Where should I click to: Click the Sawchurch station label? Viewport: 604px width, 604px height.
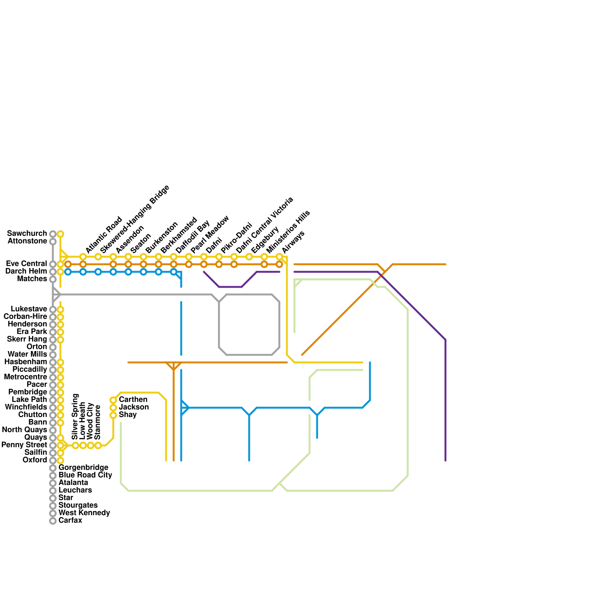pyautogui.click(x=27, y=234)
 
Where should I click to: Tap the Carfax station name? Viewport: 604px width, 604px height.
pyautogui.click(x=70, y=521)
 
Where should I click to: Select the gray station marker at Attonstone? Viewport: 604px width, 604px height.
pyautogui.click(x=53, y=242)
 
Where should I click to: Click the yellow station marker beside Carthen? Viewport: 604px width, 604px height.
pyautogui.click(x=113, y=400)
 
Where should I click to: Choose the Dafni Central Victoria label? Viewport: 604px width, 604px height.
pyautogui.click(x=264, y=225)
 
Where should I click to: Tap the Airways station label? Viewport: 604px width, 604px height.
pyautogui.click(x=293, y=242)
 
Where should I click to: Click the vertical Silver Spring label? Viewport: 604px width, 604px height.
pyautogui.click(x=75, y=417)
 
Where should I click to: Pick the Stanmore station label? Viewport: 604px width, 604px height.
pyautogui.click(x=98, y=422)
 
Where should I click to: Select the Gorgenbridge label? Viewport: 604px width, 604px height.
pyautogui.click(x=83, y=468)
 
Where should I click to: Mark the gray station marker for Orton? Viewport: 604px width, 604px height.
pyautogui.click(x=53, y=347)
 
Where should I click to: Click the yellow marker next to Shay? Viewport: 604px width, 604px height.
pyautogui.click(x=113, y=415)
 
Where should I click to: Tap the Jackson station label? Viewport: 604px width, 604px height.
pyautogui.click(x=134, y=407)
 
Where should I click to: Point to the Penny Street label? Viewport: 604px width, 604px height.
pyautogui.click(x=24, y=445)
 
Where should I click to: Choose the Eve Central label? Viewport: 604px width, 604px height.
pyautogui.click(x=26, y=264)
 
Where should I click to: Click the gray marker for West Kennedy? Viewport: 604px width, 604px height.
pyautogui.click(x=53, y=513)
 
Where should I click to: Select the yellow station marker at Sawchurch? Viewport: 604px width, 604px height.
pyautogui.click(x=60, y=234)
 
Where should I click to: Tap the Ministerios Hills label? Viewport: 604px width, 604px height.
pyautogui.click(x=288, y=232)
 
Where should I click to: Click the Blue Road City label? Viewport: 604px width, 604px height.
pyautogui.click(x=85, y=475)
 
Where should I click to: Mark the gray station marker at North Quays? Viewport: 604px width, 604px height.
pyautogui.click(x=53, y=430)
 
